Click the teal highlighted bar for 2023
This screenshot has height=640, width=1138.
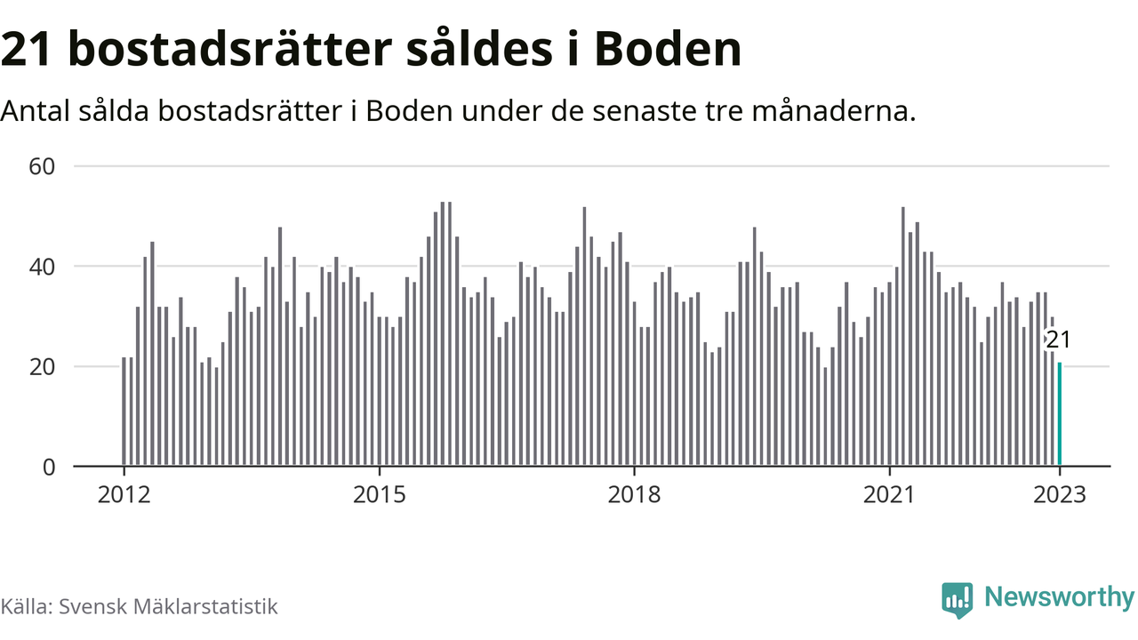coord(1060,414)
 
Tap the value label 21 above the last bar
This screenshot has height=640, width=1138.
coord(1057,340)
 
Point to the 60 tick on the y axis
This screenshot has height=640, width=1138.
coord(42,166)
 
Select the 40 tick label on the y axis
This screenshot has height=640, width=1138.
coord(42,267)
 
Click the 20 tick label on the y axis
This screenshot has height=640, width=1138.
coord(42,366)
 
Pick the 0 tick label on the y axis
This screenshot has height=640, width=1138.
coord(50,467)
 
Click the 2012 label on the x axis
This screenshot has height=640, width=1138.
coord(124,494)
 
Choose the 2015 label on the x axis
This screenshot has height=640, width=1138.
coord(380,494)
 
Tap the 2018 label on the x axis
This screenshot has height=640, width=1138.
coord(634,494)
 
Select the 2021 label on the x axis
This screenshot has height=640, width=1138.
coord(889,494)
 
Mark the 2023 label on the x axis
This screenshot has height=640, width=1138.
coord(1060,494)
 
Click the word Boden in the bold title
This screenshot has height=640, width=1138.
coord(668,51)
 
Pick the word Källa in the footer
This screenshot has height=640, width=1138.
coord(25,607)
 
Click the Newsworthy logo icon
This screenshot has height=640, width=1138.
coord(958,600)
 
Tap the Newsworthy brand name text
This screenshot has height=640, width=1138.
coord(1059,597)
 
